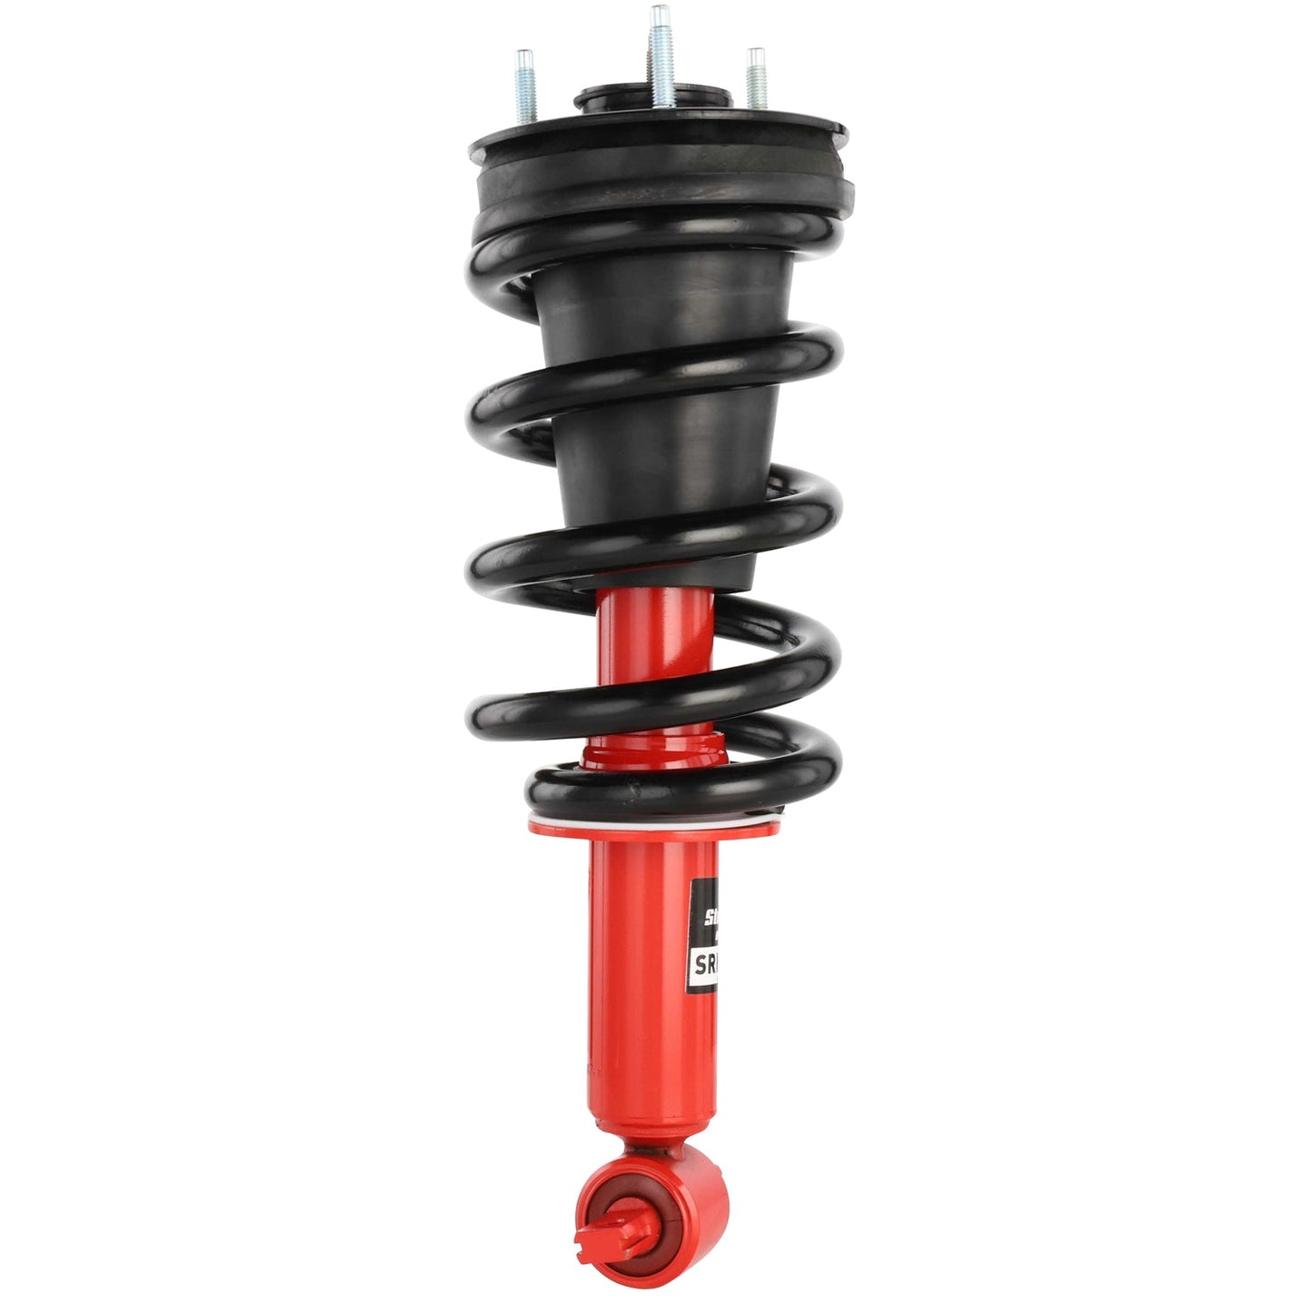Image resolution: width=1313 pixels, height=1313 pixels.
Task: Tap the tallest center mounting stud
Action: (x=661, y=55)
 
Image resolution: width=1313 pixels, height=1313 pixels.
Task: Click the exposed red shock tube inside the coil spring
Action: (x=650, y=645)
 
